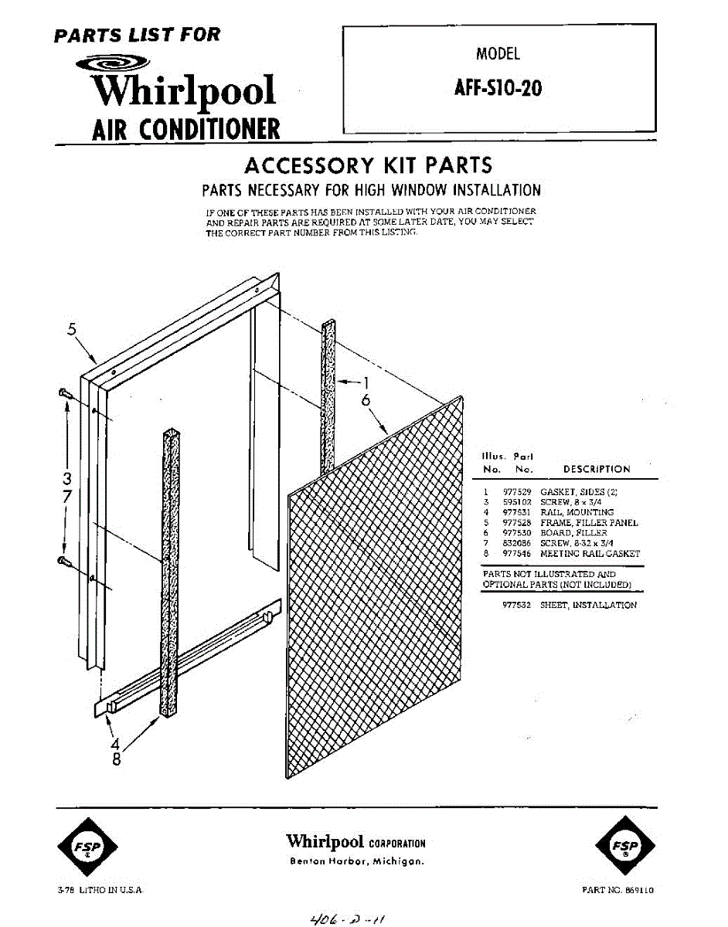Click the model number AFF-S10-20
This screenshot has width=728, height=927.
(x=498, y=88)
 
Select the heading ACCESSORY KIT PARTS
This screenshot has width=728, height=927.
(x=368, y=165)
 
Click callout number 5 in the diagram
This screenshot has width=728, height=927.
(x=72, y=330)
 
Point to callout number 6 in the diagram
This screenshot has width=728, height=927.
(x=366, y=399)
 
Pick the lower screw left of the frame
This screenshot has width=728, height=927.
(x=63, y=562)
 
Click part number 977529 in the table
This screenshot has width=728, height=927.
(x=516, y=491)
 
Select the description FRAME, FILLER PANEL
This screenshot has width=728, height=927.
(x=589, y=522)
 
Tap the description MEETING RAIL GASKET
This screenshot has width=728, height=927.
(x=590, y=554)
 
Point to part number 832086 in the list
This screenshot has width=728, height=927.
(x=516, y=543)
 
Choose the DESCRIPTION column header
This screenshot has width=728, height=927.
(x=597, y=469)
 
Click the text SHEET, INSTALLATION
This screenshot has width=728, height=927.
(x=588, y=605)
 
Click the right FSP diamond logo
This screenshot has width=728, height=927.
(x=624, y=847)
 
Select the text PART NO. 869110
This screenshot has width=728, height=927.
(x=617, y=890)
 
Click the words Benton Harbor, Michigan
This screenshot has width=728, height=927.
(x=355, y=861)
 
